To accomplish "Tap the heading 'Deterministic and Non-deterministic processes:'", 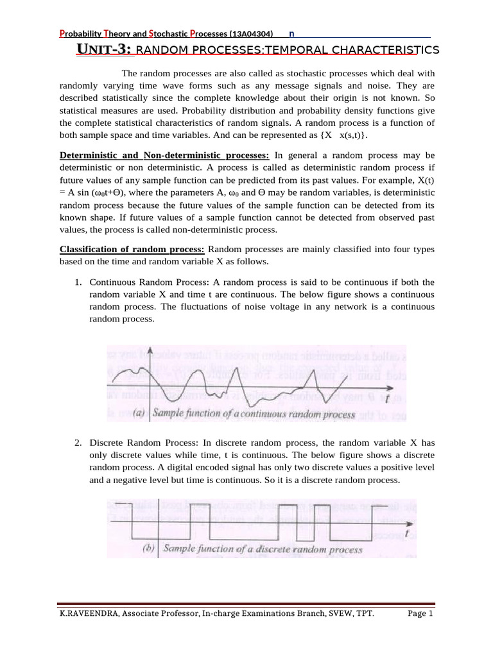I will (165, 155).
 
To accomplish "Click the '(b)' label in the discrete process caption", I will (147, 549).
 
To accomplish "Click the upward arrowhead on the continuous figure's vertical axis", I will (150, 350).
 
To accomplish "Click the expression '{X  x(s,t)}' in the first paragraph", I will (346, 135).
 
